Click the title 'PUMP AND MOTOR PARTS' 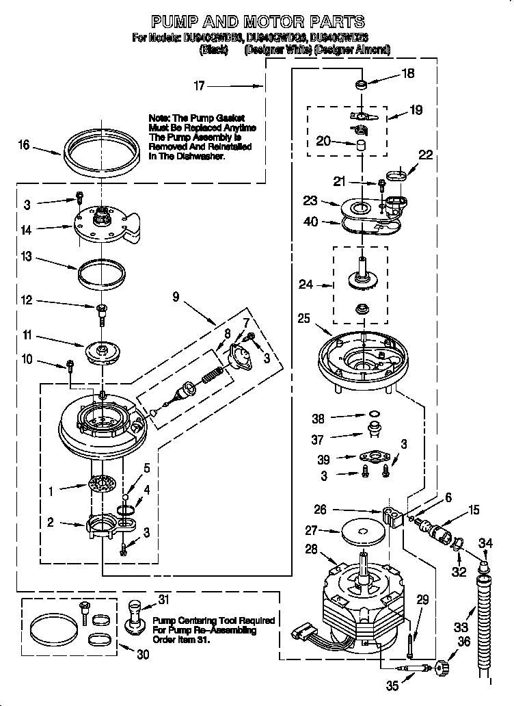(x=257, y=22)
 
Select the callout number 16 (x=24, y=145)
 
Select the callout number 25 (x=303, y=318)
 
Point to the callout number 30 (x=142, y=654)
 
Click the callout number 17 (x=199, y=86)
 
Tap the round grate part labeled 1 (x=100, y=485)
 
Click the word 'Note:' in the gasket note (x=160, y=118)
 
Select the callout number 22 (x=424, y=155)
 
